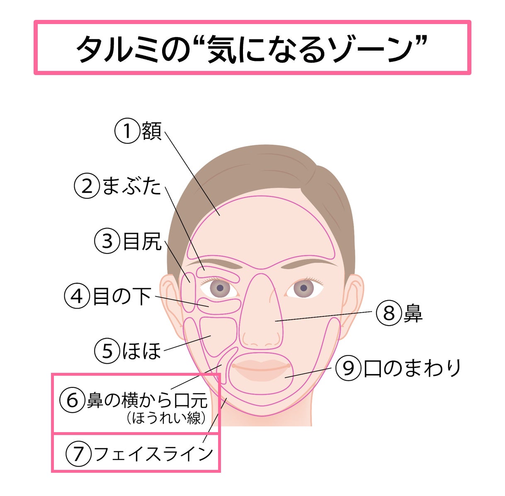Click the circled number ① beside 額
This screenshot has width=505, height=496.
(127, 131)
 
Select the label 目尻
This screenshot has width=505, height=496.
(142, 241)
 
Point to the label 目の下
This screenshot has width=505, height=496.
(122, 297)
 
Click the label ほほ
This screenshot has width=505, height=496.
(141, 351)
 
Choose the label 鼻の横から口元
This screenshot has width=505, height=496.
(147, 400)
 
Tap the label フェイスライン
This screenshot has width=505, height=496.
(154, 453)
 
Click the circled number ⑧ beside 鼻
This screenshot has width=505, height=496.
(388, 313)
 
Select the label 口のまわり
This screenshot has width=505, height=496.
(413, 368)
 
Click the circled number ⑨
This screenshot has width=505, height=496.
(347, 368)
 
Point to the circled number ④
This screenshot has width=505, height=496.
(77, 297)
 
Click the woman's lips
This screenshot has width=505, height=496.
(260, 368)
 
